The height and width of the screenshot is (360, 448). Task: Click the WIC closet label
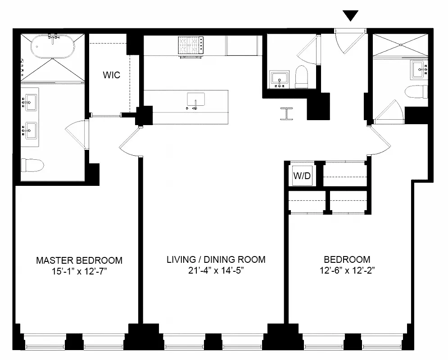pyautogui.click(x=111, y=75)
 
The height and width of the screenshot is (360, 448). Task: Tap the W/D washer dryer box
pyautogui.click(x=302, y=175)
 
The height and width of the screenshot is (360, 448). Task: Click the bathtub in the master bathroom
pyautogui.click(x=53, y=46)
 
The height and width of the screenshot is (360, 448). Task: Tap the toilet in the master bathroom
pyautogui.click(x=33, y=165)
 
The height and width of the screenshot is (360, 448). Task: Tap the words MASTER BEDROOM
pyautogui.click(x=79, y=260)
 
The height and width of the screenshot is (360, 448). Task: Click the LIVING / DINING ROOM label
pyautogui.click(x=216, y=260)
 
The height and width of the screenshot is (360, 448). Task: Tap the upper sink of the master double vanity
pyautogui.click(x=30, y=102)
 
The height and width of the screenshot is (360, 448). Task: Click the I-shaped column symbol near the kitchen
pyautogui.click(x=286, y=114)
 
